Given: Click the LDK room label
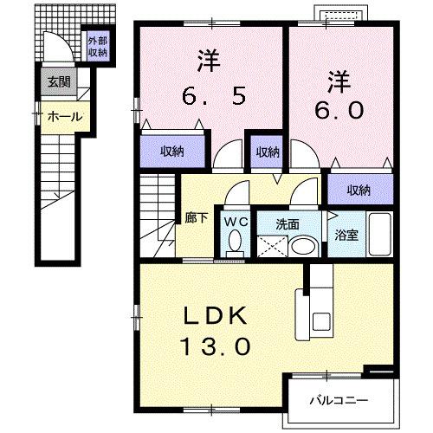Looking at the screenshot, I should (x=216, y=315).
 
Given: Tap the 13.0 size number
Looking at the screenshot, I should (x=216, y=346).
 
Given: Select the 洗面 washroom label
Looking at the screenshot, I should (x=288, y=223).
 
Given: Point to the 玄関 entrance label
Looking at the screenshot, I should (x=59, y=83).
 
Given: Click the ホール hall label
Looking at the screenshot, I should (x=64, y=116).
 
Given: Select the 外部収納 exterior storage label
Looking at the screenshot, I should (x=96, y=47).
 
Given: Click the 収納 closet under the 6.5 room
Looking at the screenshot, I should (x=172, y=152).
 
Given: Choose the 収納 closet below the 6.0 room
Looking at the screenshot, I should (x=359, y=190).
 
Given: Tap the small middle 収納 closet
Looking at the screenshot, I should (x=268, y=152).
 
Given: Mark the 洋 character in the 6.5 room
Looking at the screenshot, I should (x=207, y=61).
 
